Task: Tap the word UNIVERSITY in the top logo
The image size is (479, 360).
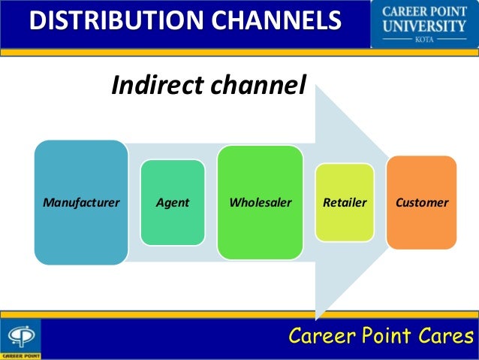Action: (x=423, y=28)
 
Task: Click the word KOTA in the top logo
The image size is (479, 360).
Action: (x=423, y=43)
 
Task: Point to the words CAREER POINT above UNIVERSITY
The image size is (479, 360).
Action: (x=423, y=12)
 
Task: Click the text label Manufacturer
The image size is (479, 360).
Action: (x=80, y=203)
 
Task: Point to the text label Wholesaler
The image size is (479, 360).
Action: (x=260, y=203)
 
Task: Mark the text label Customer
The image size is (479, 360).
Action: (x=421, y=203)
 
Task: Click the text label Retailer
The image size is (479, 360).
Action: (x=344, y=203)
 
